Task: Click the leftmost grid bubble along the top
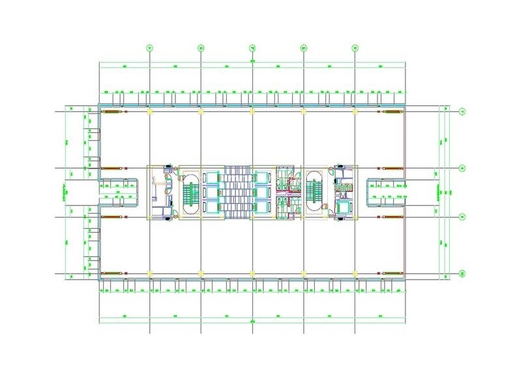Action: point(150,48)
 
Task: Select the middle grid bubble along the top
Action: point(252,48)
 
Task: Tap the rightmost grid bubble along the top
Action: point(355,48)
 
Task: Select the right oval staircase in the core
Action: point(314,192)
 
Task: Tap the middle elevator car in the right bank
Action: point(262,193)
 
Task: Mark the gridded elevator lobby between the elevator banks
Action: point(237,192)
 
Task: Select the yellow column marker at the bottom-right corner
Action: point(355,272)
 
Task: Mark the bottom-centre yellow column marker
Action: point(252,272)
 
